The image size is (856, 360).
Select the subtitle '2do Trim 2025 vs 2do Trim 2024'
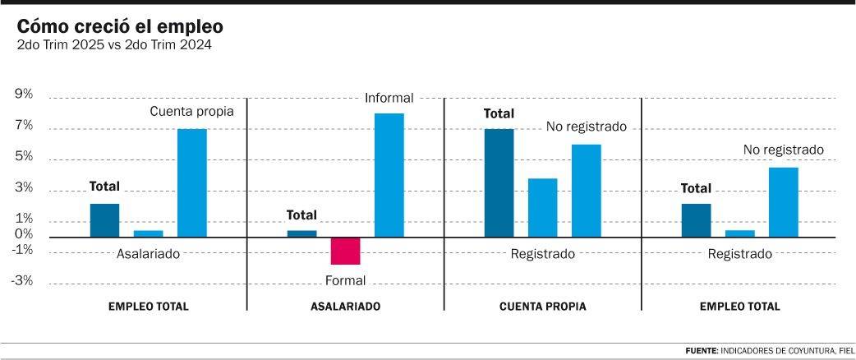click(114, 45)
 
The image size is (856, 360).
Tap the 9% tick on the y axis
click(24, 95)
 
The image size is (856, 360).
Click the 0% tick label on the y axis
click(24, 234)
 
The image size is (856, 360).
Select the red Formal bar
click(345, 251)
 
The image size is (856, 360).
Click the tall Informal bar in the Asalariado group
click(389, 175)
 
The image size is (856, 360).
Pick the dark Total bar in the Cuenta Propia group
click(499, 182)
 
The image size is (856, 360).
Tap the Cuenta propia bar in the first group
click(192, 182)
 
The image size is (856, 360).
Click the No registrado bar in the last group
click(783, 202)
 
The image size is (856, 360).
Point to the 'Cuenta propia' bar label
click(191, 111)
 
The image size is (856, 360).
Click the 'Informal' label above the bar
click(389, 98)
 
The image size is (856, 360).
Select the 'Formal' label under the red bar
click(345, 280)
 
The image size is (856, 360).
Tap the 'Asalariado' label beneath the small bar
click(148, 254)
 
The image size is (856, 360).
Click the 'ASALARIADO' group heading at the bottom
click(345, 307)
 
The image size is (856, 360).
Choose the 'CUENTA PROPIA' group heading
click(542, 307)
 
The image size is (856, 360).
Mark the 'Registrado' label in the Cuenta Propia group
click(542, 254)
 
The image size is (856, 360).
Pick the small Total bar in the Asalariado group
click(301, 233)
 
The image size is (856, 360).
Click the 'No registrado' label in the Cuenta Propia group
click(587, 127)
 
